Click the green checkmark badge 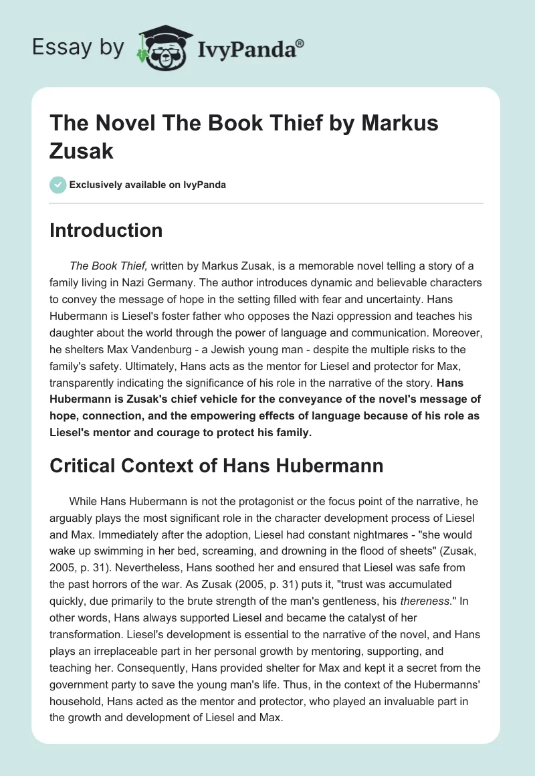click(x=58, y=185)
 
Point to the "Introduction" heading click(x=106, y=230)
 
